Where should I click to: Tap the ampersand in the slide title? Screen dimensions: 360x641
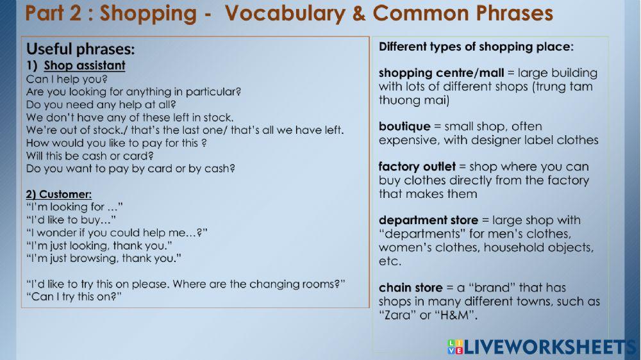(359, 13)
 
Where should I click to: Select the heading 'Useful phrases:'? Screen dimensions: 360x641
(80, 49)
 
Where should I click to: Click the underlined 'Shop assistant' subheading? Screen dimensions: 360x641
(85, 65)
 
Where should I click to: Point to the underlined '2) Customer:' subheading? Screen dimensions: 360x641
(59, 193)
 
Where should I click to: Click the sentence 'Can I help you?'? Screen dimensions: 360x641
(67, 79)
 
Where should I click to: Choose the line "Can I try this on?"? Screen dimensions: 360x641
(74, 297)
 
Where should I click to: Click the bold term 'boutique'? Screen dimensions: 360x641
(403, 126)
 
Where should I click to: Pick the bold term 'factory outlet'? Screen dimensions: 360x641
(417, 167)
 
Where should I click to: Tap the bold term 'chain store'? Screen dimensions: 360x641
(410, 288)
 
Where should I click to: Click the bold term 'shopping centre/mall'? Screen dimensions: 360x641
(441, 73)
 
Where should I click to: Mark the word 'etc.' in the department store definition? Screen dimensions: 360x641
(390, 261)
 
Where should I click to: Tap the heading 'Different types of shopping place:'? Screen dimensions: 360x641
(476, 47)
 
